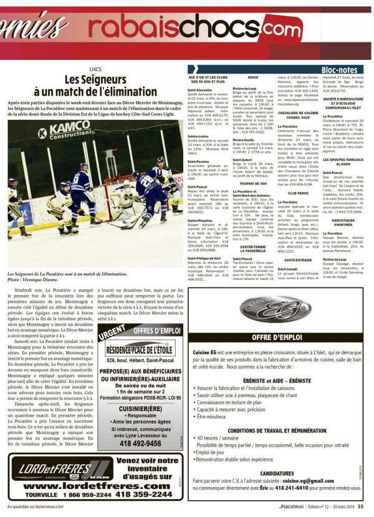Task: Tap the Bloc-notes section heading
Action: point(340,69)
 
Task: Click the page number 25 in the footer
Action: point(361,507)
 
